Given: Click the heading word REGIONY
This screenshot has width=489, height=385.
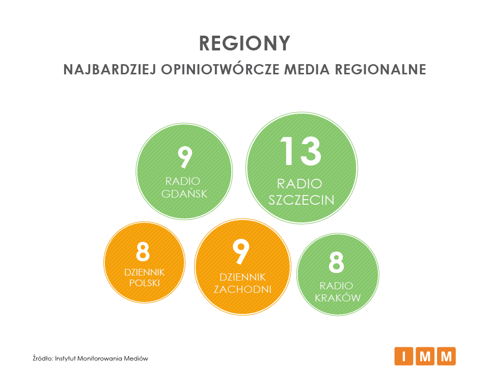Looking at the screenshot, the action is pos(244,43).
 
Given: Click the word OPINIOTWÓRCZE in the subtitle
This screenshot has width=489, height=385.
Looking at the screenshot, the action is pos(220,69).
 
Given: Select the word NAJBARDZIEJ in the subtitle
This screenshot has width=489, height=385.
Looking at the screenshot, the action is pos(110,70).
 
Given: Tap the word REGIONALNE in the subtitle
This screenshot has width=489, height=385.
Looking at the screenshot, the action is pos(381,70).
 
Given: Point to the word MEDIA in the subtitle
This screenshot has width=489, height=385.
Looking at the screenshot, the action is pos(307,70).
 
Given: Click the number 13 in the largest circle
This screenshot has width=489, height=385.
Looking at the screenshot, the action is pos(301,152).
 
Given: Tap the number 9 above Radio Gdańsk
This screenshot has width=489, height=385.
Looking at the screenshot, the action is pos(184,157).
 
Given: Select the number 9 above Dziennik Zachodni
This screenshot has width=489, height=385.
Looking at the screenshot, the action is pos(241,252).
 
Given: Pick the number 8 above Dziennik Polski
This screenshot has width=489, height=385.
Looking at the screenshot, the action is pos(143,252).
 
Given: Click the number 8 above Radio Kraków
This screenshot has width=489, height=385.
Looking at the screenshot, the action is pos(336,262).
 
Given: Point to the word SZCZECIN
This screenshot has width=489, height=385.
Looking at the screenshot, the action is pos(301,200).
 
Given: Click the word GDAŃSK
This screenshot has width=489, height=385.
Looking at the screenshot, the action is pos(184,193).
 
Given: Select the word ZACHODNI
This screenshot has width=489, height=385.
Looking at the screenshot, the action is pos(242,289).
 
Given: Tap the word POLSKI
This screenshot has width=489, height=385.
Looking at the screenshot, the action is pos(144,283).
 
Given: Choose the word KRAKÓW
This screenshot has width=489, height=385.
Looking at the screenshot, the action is pos(337,297).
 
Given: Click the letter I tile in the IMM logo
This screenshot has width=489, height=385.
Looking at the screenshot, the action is pos(403,356).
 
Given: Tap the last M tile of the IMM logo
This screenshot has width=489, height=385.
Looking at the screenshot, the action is pos(446,356).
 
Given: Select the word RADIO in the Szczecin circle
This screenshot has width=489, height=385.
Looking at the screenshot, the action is pos(300,184).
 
